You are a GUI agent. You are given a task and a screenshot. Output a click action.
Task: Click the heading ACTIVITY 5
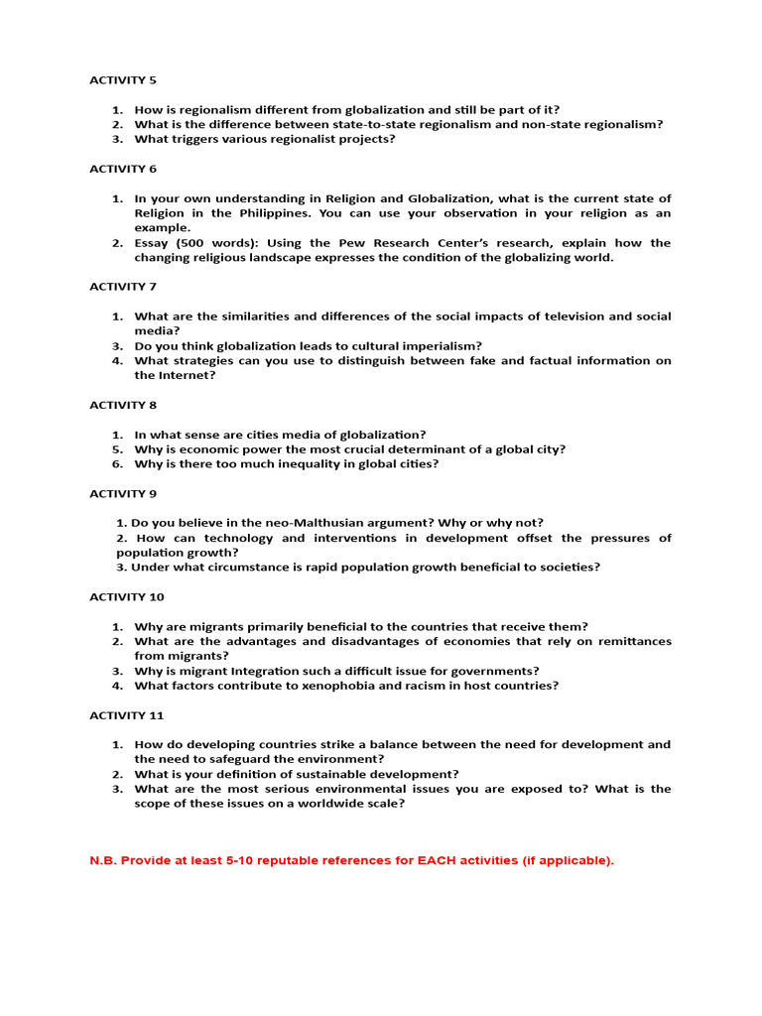click(123, 80)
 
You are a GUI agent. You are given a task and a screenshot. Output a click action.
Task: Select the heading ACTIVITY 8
click(123, 405)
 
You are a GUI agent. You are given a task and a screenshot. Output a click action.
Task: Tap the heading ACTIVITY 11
click(126, 715)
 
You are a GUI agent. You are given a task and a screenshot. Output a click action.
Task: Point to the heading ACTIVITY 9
click(123, 493)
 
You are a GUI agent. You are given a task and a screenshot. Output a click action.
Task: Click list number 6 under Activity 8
click(116, 463)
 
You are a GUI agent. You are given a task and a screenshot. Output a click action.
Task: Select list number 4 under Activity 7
click(116, 361)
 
